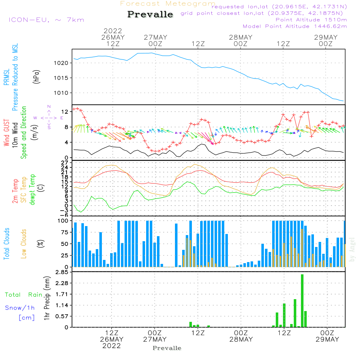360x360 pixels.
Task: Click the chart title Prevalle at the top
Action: (150, 14)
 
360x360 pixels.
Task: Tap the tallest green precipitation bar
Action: (302, 301)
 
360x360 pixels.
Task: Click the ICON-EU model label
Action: (46, 20)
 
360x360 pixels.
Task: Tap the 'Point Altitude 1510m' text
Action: (311, 20)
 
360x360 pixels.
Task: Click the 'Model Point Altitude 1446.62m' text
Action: (294, 26)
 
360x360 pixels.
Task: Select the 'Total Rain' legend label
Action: (23, 294)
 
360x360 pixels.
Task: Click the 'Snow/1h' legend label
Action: (20, 308)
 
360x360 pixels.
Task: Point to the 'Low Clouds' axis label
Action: (24, 243)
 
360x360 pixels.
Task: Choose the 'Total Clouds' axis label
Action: (7, 243)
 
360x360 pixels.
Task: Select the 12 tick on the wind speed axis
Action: (65, 112)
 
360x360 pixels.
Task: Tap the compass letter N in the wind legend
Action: (49, 107)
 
